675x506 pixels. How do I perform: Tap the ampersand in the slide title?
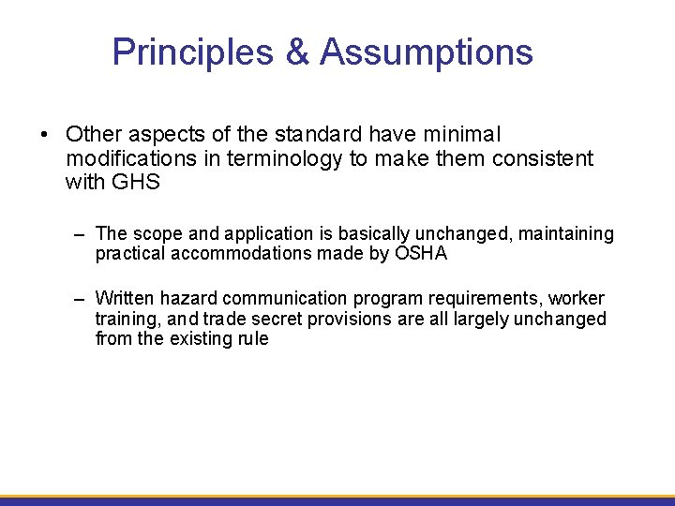point(298,52)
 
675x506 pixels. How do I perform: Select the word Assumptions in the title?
point(427,52)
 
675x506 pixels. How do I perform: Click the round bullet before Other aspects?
point(44,136)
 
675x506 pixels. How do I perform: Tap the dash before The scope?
point(82,233)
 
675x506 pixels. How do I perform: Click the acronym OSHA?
point(421,253)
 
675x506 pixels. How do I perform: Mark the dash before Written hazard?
point(82,299)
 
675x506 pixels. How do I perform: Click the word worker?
point(577,299)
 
